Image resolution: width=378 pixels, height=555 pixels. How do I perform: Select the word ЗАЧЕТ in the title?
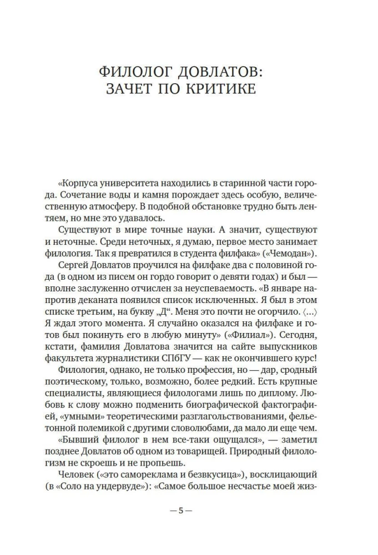133,89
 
